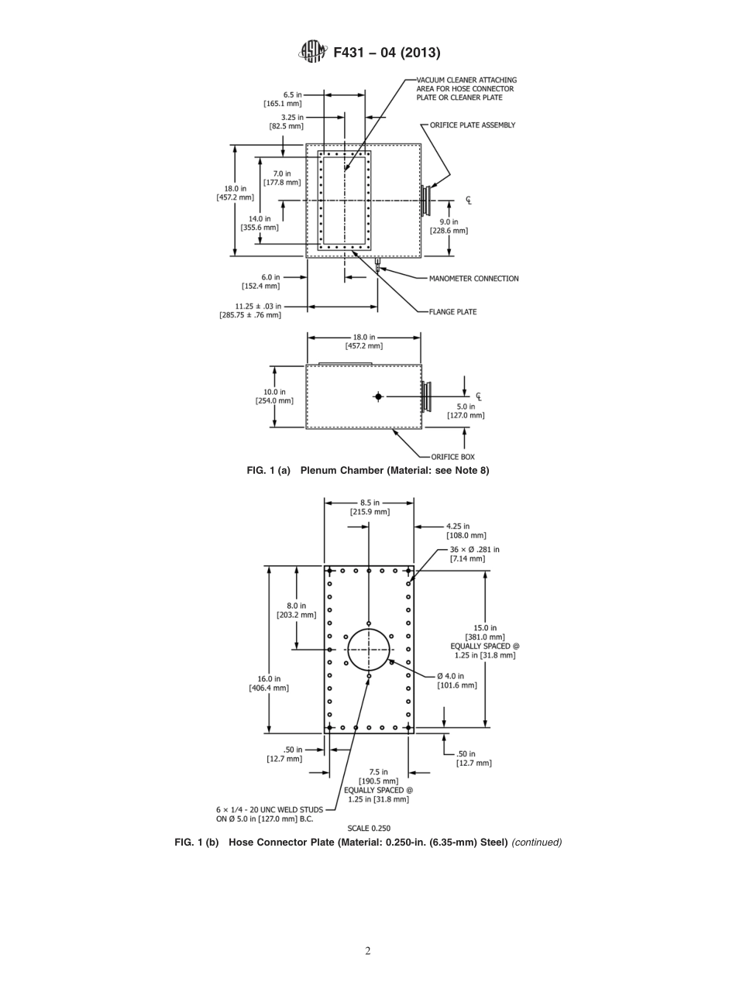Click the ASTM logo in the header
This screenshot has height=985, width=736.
tap(313, 52)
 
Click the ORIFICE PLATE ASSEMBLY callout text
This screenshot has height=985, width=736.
tap(473, 125)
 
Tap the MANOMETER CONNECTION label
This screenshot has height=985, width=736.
tap(473, 279)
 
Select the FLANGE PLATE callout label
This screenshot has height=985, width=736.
tap(452, 312)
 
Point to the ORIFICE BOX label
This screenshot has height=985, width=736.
tap(452, 457)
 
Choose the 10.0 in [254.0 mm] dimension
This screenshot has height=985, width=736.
tap(274, 396)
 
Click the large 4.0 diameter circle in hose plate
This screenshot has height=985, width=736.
tap(369, 650)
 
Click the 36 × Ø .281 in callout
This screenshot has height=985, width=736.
tap(474, 554)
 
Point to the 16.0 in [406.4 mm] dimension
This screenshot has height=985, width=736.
tap(268, 683)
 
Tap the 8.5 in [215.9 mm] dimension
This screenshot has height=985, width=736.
tap(370, 507)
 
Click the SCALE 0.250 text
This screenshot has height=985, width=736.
tap(368, 828)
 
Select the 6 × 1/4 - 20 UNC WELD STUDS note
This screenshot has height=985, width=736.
tap(270, 814)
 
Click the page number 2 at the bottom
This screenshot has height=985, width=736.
tap(368, 951)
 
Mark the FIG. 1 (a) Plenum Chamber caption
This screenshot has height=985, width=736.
tap(368, 470)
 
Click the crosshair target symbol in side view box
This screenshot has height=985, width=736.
tap(378, 396)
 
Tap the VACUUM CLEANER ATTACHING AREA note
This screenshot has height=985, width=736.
tap(466, 89)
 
